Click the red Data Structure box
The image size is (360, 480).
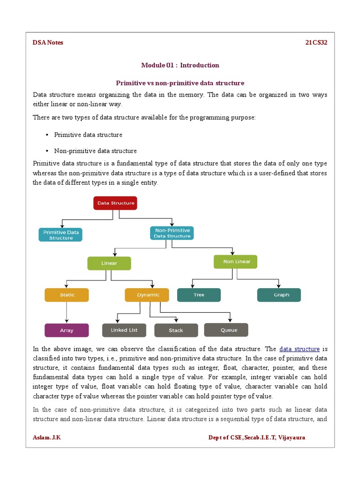click(x=115, y=203)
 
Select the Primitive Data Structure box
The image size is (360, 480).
click(x=60, y=234)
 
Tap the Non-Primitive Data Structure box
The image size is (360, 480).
click(x=172, y=233)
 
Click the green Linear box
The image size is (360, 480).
click(x=109, y=263)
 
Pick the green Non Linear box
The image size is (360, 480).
click(x=235, y=262)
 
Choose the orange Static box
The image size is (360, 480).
click(x=67, y=295)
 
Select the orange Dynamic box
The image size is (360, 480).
click(x=147, y=295)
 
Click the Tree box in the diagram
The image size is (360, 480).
click(x=199, y=295)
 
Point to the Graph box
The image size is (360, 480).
click(x=279, y=295)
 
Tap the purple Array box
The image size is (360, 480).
click(x=67, y=330)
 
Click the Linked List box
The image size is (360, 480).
click(x=124, y=330)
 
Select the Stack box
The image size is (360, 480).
click(x=176, y=330)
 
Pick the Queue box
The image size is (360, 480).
click(x=226, y=330)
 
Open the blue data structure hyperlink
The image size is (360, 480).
click(x=299, y=349)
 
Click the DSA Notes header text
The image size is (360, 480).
click(x=48, y=43)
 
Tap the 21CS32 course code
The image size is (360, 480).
click(x=316, y=43)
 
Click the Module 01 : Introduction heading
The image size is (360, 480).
click(x=180, y=65)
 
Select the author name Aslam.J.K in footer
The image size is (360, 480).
click(x=47, y=437)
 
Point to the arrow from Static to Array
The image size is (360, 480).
click(x=67, y=312)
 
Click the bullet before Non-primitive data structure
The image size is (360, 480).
click(x=47, y=151)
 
